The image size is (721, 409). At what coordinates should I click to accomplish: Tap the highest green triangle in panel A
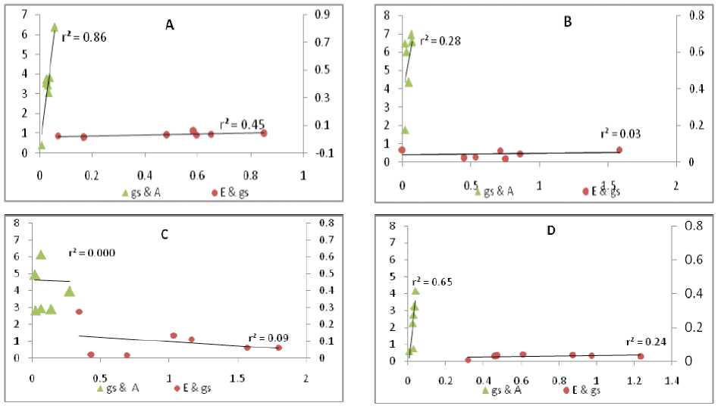55,27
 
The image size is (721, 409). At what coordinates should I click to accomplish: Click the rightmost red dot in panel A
264,133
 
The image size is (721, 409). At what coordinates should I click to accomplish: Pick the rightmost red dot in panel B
619,150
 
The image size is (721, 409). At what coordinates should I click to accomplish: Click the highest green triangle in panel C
42,254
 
